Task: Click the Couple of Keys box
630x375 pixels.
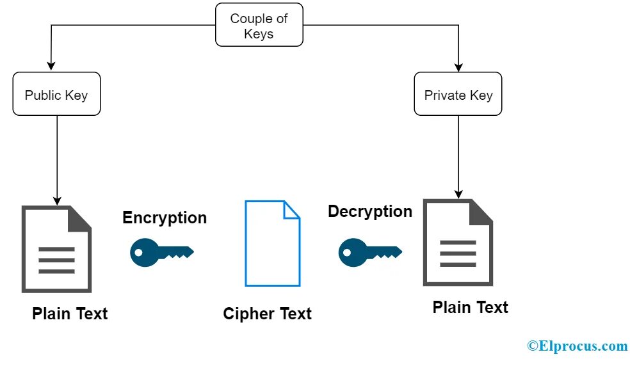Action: tap(259, 26)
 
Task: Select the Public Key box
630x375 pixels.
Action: tap(56, 95)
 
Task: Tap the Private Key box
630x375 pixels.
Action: tap(458, 95)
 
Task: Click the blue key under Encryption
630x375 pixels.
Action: tap(161, 251)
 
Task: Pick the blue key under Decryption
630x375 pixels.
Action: tap(369, 251)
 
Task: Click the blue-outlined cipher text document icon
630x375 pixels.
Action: tap(272, 243)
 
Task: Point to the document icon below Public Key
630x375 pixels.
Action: tap(56, 250)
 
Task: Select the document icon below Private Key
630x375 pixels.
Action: tap(458, 243)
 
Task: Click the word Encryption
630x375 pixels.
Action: tap(165, 218)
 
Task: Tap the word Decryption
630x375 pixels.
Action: tap(370, 211)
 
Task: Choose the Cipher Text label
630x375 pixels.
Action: tap(267, 314)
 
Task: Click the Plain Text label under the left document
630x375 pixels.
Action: tap(70, 314)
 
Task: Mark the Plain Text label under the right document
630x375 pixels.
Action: tap(470, 307)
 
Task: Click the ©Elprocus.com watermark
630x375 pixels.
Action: tap(577, 346)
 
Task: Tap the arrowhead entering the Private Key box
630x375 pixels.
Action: tap(458, 67)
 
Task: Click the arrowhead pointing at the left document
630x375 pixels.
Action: tap(57, 200)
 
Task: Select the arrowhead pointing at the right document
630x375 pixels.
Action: tap(458, 193)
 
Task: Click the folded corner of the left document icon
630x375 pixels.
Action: tap(79, 218)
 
